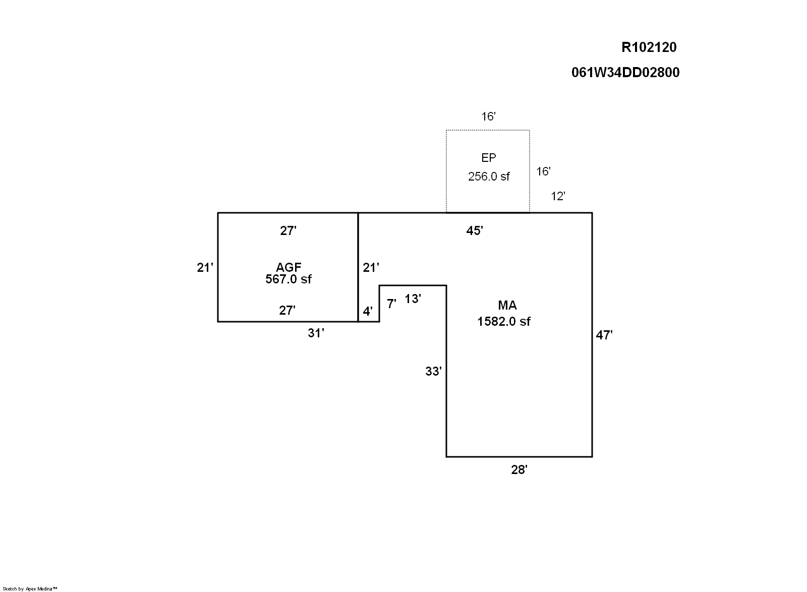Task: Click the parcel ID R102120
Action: (649, 47)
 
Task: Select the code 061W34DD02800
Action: (625, 73)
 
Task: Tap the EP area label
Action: (488, 158)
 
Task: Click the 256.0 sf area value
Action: (488, 176)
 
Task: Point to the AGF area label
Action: (288, 267)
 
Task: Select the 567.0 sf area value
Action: (288, 279)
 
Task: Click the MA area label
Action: (507, 305)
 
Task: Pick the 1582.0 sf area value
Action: (503, 321)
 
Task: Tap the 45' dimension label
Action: (475, 231)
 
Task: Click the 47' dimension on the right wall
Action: (604, 335)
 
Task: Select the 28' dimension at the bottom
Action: (519, 470)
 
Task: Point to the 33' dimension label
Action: (433, 372)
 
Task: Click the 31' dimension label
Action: (316, 333)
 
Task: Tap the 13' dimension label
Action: (413, 299)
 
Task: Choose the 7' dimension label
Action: (391, 304)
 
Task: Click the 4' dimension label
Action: (368, 312)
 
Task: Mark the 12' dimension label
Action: (557, 197)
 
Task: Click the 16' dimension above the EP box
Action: (488, 117)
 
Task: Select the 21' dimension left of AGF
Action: (205, 268)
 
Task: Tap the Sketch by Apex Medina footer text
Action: (30, 588)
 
